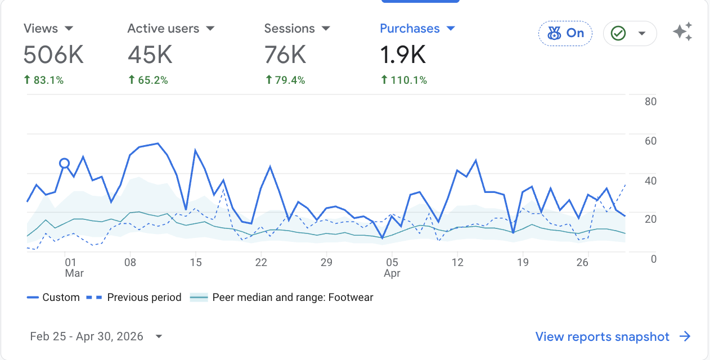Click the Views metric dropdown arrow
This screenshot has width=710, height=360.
click(69, 29)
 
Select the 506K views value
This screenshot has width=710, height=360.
click(53, 55)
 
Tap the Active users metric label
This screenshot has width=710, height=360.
click(163, 29)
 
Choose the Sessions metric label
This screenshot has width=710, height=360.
click(289, 29)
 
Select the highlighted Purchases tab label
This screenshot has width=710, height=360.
click(410, 29)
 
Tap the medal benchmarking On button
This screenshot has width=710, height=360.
click(565, 33)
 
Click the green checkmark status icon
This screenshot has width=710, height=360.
click(618, 33)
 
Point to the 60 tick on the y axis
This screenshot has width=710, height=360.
click(650, 141)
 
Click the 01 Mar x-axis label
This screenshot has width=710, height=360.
click(74, 268)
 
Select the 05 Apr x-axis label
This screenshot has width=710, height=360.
click(392, 268)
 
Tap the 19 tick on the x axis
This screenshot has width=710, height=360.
click(523, 262)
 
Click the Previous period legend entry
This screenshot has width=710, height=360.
click(134, 297)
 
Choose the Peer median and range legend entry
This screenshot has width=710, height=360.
click(281, 297)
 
